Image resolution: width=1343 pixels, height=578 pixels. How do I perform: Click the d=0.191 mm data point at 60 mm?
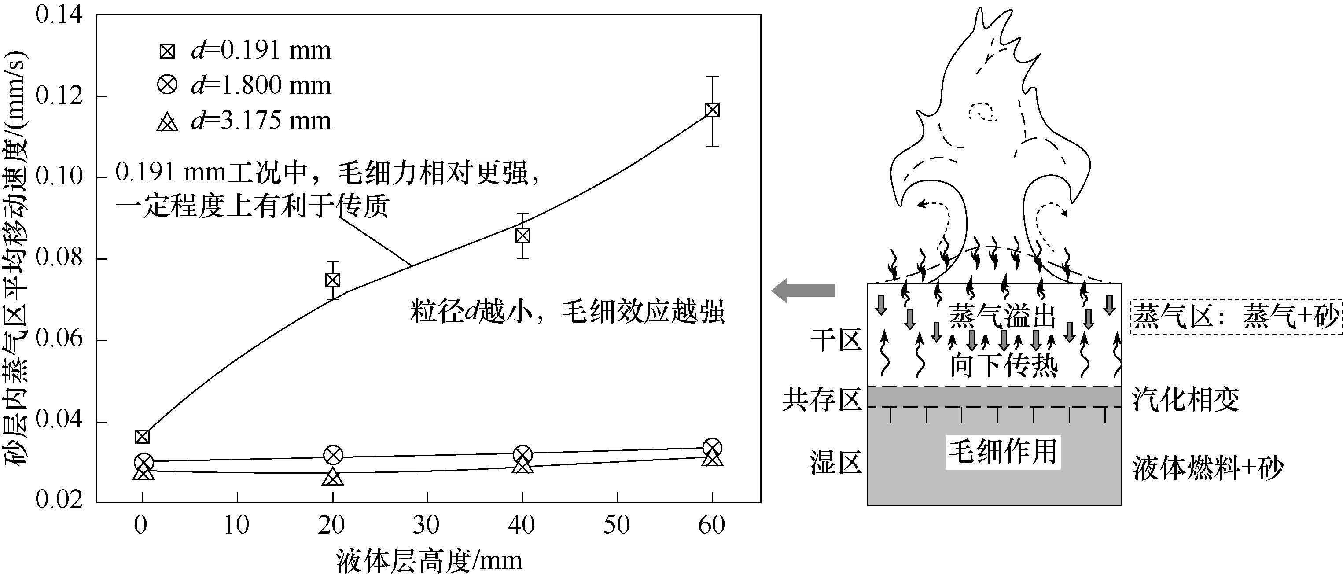[712, 110]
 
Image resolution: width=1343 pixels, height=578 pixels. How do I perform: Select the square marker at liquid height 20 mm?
[333, 280]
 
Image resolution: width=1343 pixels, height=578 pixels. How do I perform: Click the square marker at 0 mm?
[142, 437]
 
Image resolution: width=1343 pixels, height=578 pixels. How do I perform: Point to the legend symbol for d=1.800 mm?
[167, 85]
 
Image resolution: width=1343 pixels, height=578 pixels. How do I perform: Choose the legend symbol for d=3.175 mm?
[167, 122]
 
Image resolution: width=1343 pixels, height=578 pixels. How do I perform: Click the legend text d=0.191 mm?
[261, 51]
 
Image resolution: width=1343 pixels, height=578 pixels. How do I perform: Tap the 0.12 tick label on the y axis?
[59, 96]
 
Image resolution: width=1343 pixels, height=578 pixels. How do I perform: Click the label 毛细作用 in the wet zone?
[1002, 451]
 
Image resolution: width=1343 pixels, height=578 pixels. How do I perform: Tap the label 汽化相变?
[1186, 400]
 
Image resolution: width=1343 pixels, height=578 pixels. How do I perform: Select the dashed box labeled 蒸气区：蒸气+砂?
[1236, 317]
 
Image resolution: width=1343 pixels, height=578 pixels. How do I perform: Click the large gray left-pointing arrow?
[803, 290]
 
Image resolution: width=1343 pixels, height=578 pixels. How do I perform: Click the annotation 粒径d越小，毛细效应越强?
[567, 312]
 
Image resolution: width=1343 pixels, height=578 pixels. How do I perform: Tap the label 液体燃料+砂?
[1207, 468]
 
